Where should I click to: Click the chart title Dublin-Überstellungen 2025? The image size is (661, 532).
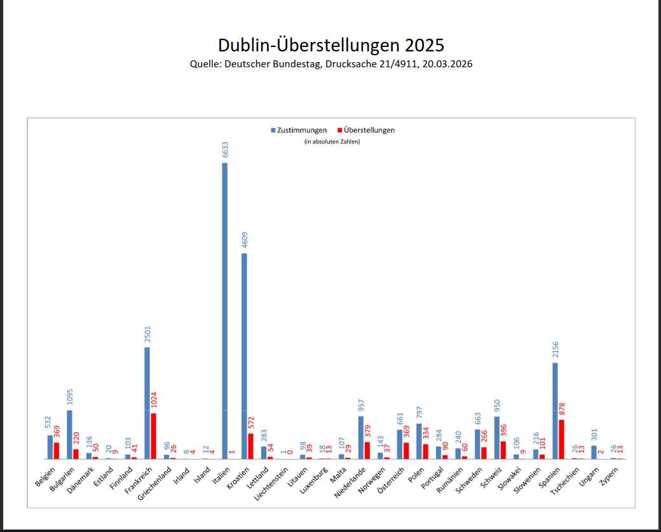[x=330, y=45]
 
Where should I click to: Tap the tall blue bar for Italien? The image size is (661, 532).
[x=224, y=311]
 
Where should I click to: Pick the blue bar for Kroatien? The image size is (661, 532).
[x=244, y=356]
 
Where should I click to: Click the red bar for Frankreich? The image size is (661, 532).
[x=153, y=436]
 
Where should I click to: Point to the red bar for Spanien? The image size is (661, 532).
[x=561, y=439]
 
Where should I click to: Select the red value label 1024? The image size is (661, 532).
[x=154, y=400]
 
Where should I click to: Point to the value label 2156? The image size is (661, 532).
[x=555, y=350]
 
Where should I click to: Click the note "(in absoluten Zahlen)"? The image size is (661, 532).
[x=332, y=142]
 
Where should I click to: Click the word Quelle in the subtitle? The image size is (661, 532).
[x=205, y=64]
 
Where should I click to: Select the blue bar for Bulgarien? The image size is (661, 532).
[x=69, y=434]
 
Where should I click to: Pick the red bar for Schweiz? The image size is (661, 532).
[x=503, y=449]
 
